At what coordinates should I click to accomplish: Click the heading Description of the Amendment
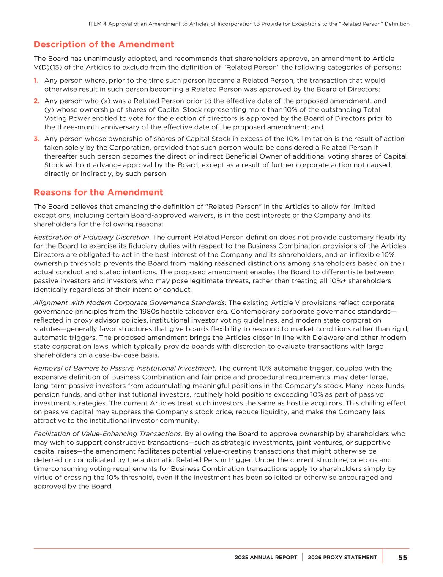point(104,44)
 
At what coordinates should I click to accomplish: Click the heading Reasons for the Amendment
point(98,192)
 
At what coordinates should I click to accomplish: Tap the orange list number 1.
point(36,80)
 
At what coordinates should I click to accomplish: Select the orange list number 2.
point(36,101)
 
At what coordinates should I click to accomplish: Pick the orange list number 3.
point(36,139)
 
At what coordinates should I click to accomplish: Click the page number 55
point(403,557)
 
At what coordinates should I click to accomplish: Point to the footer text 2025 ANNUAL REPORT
point(266,558)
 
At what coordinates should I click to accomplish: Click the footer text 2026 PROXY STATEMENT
point(342,558)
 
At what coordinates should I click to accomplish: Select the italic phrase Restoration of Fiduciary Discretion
point(91,237)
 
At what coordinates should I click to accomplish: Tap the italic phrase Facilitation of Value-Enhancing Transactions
point(107,434)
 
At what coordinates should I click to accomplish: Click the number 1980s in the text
point(150,312)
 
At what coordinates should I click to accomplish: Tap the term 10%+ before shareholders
point(333,281)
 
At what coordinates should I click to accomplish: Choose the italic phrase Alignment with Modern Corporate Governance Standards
point(129,303)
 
